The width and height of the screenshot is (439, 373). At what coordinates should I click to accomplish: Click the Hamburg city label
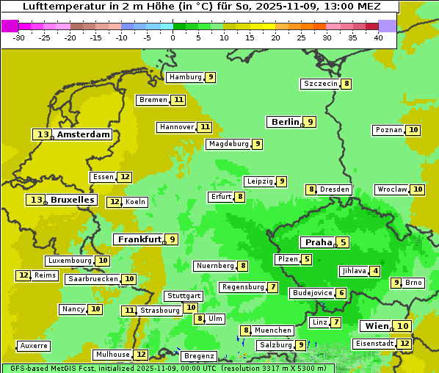[185, 77]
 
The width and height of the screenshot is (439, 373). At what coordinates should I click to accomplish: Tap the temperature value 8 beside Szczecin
[346, 84]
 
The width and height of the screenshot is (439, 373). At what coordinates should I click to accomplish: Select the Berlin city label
[285, 122]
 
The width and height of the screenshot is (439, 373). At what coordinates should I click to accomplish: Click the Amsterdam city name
[84, 134]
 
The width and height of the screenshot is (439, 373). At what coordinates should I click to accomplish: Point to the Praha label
[319, 242]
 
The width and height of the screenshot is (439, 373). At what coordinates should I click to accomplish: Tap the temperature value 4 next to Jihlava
[375, 271]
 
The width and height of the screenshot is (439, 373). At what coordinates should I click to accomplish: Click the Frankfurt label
[139, 239]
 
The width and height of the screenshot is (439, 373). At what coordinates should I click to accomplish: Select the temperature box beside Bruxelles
[36, 200]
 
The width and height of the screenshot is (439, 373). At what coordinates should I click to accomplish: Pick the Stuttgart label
[184, 296]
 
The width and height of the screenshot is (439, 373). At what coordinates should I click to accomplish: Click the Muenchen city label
[273, 330]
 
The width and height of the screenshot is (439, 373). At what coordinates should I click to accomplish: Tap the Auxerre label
[35, 346]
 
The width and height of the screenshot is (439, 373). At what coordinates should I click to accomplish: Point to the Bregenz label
[199, 356]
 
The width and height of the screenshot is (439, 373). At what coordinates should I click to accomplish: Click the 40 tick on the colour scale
[378, 37]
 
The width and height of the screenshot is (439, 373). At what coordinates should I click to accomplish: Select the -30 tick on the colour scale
[19, 37]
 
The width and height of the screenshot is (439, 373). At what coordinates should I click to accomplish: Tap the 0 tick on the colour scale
[173, 37]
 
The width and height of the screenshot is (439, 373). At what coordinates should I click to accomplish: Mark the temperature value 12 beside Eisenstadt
[404, 343]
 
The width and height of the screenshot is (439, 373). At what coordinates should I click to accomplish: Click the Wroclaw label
[392, 189]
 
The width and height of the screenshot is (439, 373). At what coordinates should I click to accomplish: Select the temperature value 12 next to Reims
[23, 275]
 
